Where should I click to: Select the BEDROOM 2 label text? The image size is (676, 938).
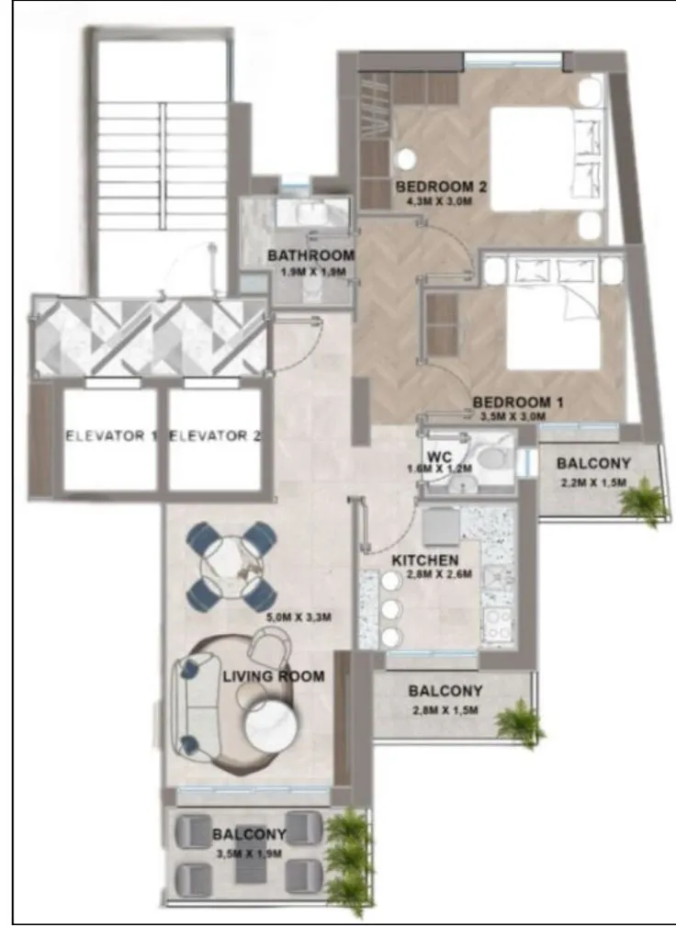[441, 187]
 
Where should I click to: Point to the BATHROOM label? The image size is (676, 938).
[311, 255]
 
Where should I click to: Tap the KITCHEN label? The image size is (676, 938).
[424, 559]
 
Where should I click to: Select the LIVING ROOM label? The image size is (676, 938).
[274, 676]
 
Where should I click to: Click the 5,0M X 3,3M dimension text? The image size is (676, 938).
[299, 616]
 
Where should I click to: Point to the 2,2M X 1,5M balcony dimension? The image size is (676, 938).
[592, 483]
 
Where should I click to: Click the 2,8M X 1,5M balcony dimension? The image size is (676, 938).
[445, 710]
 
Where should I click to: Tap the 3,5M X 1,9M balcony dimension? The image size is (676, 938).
[248, 853]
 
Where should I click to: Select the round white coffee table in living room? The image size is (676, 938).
[271, 724]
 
